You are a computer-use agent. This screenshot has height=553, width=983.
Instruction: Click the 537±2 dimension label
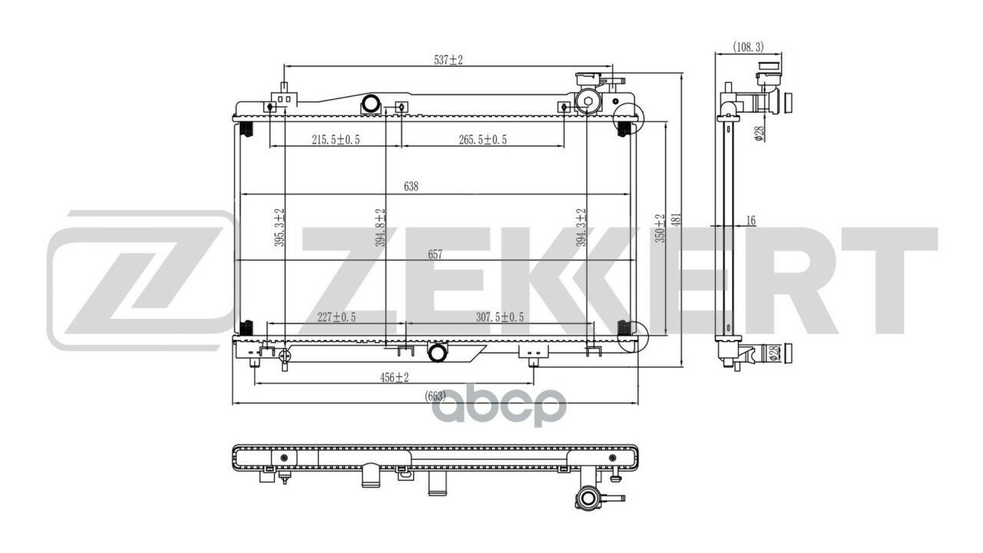448,60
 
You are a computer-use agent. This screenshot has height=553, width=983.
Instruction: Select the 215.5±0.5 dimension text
336,140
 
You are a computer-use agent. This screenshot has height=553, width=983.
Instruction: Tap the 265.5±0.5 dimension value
483,140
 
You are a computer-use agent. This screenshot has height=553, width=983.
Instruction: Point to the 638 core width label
411,187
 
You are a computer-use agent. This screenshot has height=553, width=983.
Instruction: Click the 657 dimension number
435,254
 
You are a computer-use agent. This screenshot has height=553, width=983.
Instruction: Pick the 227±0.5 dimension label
336,317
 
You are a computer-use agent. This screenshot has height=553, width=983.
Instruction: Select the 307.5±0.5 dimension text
500,317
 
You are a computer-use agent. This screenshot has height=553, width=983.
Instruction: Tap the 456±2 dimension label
394,377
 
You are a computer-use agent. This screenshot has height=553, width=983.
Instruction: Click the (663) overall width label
435,396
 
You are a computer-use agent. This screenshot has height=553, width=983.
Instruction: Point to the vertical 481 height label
677,220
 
